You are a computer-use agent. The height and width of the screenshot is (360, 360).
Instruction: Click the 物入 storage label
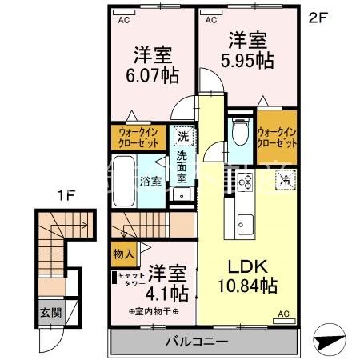(x=123, y=254)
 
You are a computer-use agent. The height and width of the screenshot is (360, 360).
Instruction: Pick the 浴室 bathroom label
(x=150, y=181)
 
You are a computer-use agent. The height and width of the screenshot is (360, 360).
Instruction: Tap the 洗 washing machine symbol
(x=183, y=135)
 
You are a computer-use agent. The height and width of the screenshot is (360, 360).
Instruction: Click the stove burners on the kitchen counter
(x=242, y=183)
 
